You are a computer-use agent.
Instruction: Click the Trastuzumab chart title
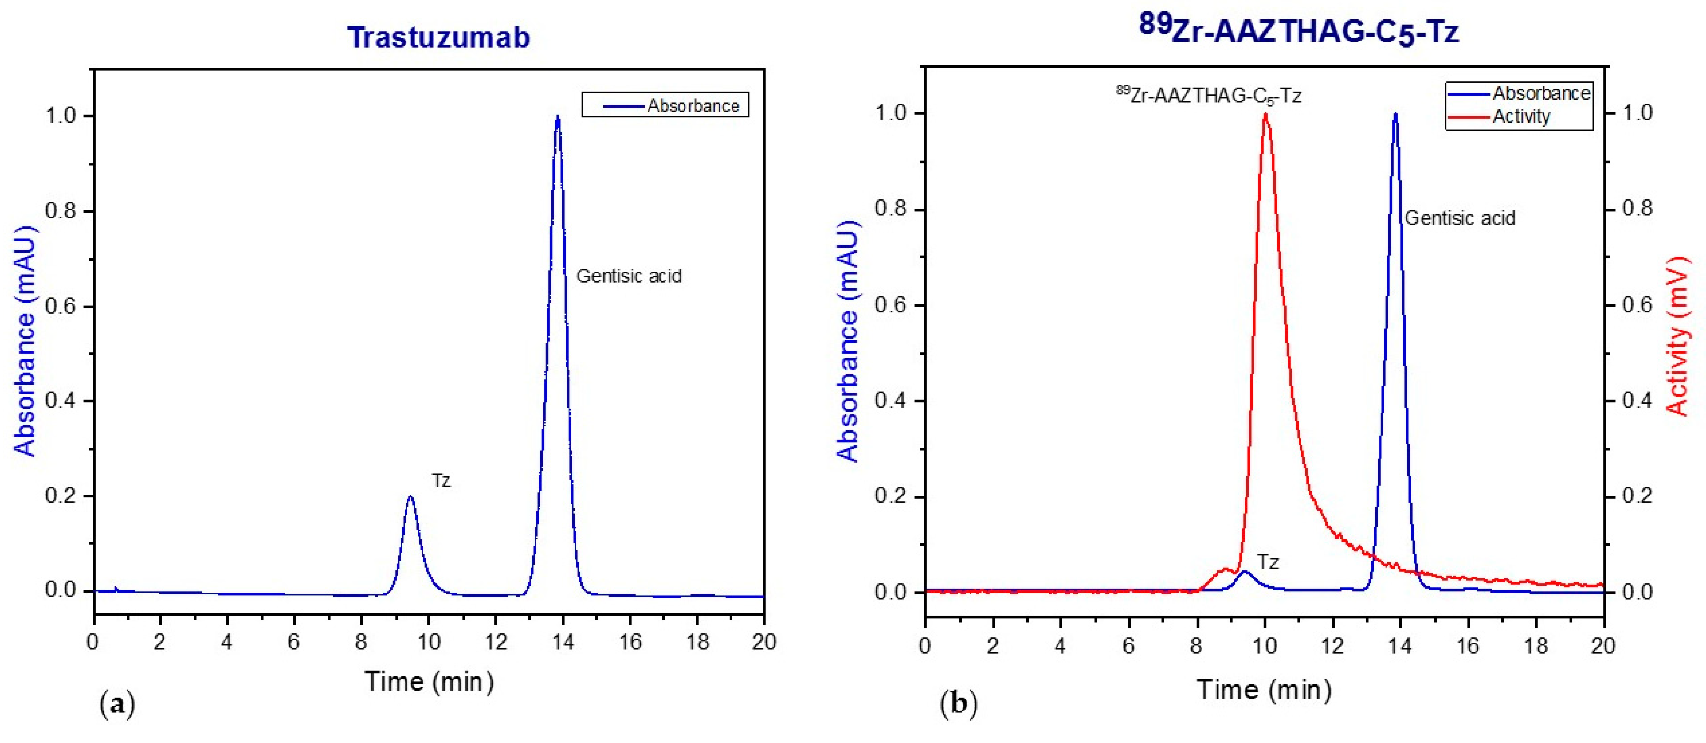coord(438,37)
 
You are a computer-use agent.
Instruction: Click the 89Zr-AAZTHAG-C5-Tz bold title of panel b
coord(1298,29)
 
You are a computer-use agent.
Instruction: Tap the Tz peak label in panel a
coord(441,480)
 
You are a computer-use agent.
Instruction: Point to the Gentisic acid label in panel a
coord(629,276)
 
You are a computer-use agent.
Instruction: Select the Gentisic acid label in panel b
coord(1460,218)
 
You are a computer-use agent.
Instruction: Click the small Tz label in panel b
coord(1268,562)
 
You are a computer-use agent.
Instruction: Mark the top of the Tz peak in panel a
coord(410,496)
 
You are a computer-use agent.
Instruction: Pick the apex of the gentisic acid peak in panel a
coord(558,117)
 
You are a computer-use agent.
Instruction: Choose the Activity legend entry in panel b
coord(1521,117)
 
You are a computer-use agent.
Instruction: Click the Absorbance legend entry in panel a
coord(692,106)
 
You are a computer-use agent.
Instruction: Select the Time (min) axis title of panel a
coord(429,681)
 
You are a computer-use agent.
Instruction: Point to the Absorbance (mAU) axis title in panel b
coord(848,340)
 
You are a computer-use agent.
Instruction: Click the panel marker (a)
coord(117,703)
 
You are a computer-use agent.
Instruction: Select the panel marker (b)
coord(958,703)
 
